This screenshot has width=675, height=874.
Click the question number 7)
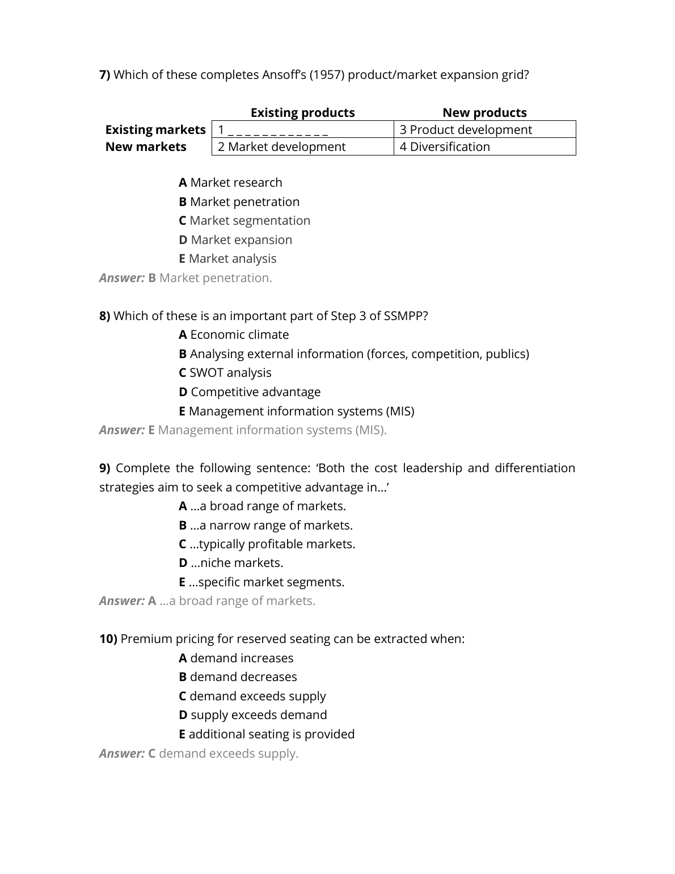tap(105, 75)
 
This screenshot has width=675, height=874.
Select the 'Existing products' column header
tap(302, 112)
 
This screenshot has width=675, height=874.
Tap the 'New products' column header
tap(484, 112)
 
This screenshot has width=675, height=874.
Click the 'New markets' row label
tap(146, 146)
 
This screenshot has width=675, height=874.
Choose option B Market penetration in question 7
tap(239, 201)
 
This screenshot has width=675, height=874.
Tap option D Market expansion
tap(235, 239)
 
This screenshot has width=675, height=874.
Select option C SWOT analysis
tap(225, 372)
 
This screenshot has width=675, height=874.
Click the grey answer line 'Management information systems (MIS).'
tap(271, 430)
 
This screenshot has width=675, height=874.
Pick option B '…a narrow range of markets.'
tap(265, 525)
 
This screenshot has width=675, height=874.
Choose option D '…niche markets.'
tap(231, 562)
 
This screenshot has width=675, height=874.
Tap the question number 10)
tap(108, 638)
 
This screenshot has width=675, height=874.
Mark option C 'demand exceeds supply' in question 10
tap(252, 696)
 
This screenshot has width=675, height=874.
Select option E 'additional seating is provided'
tap(267, 734)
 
